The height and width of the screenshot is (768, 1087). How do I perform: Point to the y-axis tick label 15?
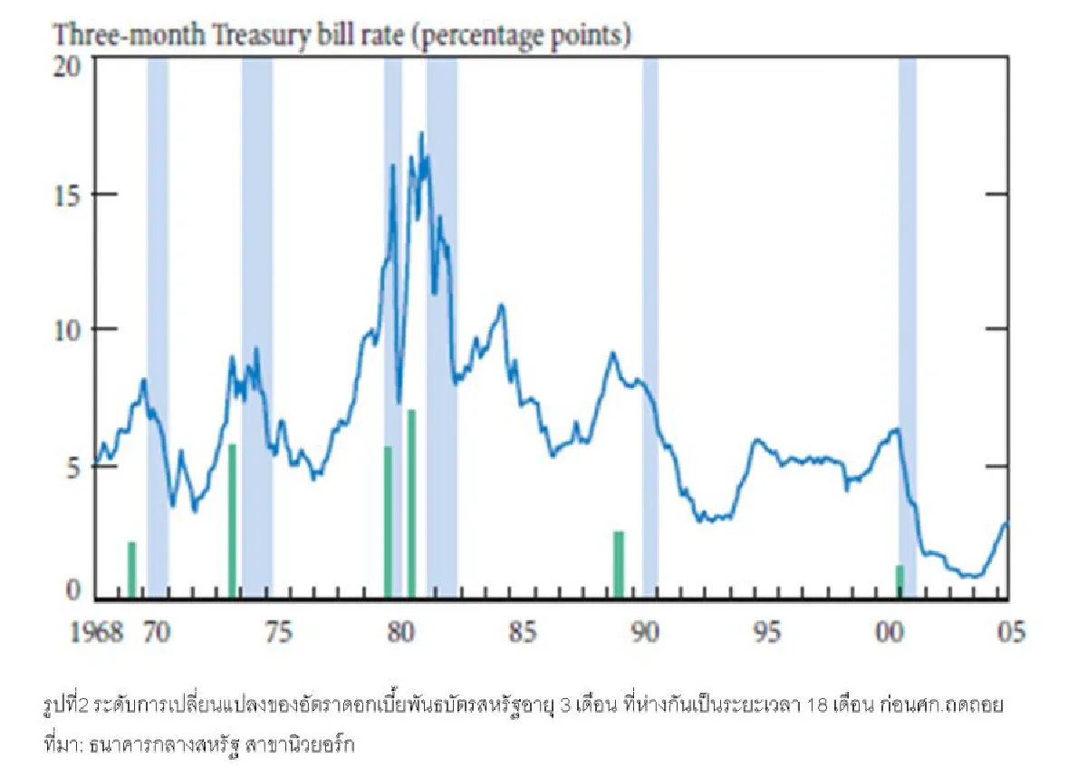[x=67, y=196]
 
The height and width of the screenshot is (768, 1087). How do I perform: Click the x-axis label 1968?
[x=97, y=632]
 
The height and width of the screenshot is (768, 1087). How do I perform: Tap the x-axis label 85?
[x=524, y=632]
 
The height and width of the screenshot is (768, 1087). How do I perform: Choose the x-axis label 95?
[x=768, y=632]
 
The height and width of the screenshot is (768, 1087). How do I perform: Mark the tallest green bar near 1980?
[x=412, y=504]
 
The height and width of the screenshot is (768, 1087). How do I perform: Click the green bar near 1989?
[x=619, y=564]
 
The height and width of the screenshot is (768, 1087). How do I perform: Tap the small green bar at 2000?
[x=899, y=581]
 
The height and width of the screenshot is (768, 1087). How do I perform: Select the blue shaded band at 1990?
[x=650, y=326]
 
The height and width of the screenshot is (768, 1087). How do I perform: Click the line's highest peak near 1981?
[x=421, y=133]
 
